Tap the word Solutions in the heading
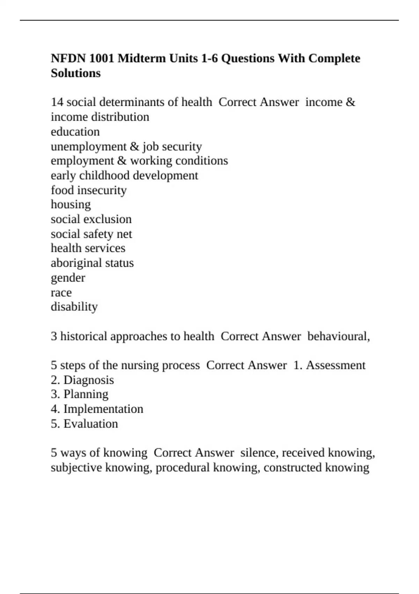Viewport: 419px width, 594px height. point(76,73)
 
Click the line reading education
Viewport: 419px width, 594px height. point(75,132)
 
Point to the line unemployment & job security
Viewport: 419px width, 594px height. point(126,146)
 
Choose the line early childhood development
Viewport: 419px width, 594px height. point(124,175)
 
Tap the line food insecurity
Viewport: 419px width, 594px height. point(89,190)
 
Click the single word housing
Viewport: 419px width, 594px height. point(71,204)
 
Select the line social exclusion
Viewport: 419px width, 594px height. point(91,219)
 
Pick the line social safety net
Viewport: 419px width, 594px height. point(91,234)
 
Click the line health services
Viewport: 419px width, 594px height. point(88,248)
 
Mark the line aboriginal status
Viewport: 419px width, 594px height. point(92,263)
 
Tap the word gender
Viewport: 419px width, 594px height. point(68,278)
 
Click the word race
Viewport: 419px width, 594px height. point(61,292)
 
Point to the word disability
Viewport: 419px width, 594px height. point(74,306)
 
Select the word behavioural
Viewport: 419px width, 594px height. point(338,336)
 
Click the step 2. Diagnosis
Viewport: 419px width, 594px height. point(82,380)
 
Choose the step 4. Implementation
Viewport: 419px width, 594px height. point(97,409)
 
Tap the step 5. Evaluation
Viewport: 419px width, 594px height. point(84,423)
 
